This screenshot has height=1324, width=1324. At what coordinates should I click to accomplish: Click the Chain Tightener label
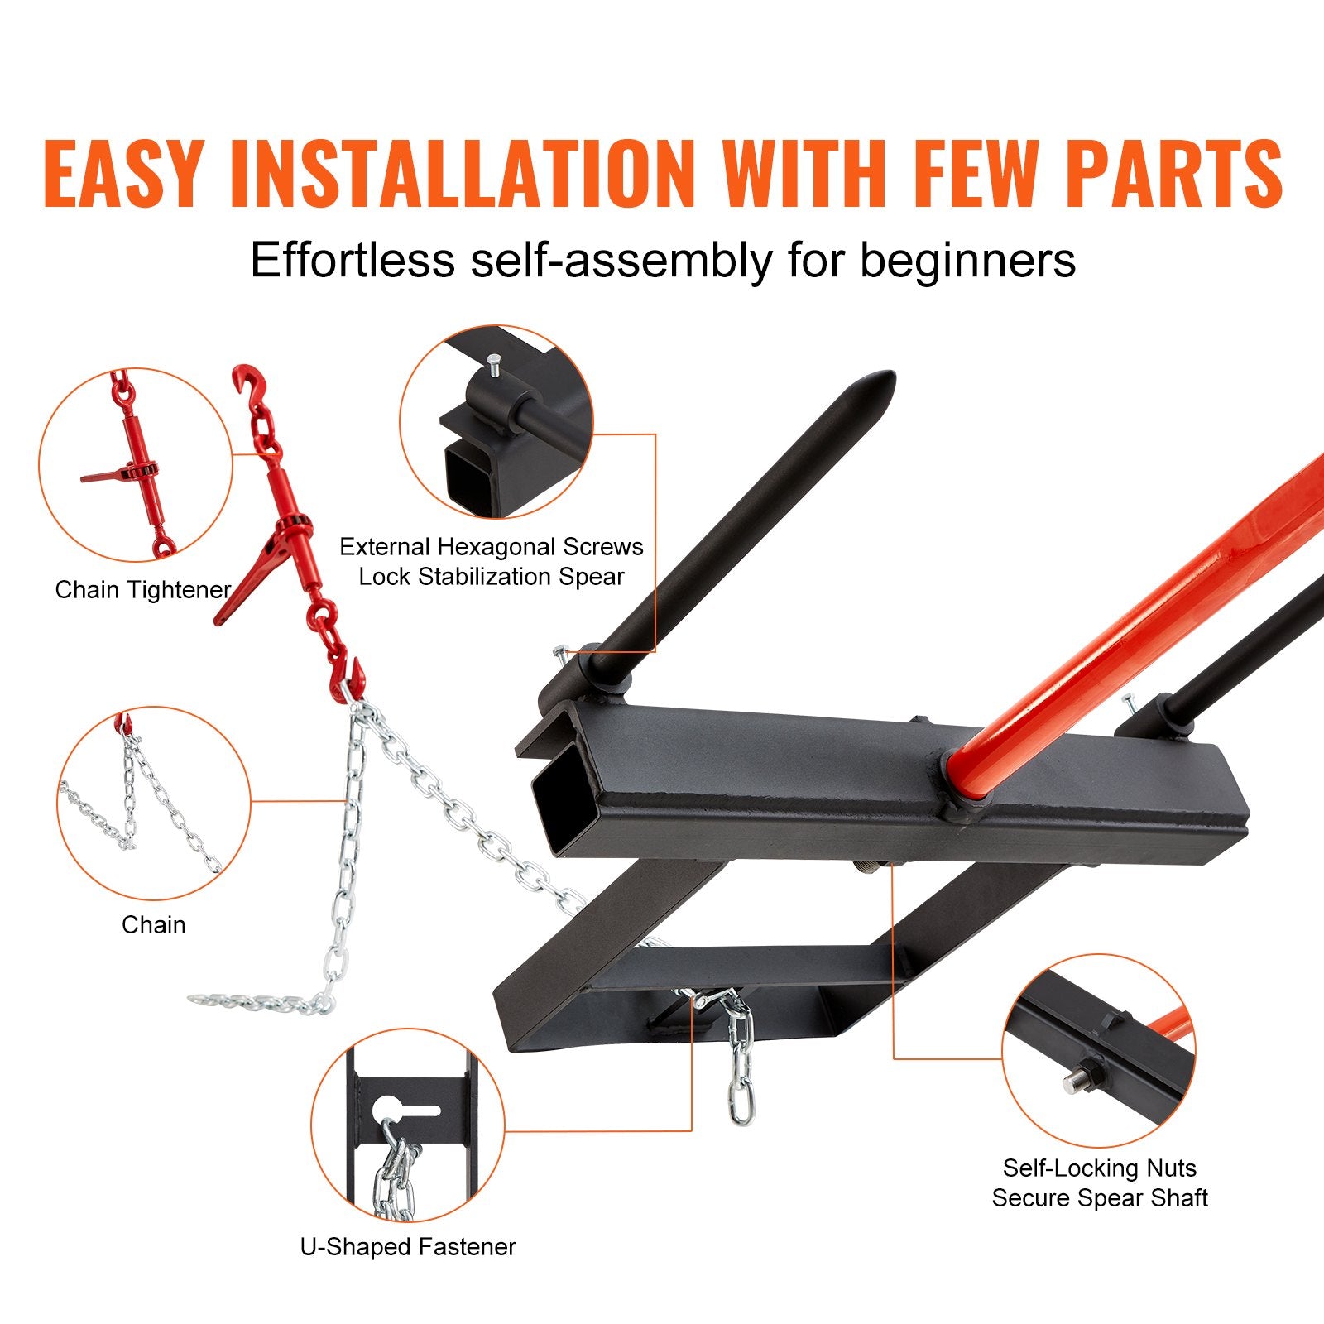[x=142, y=590]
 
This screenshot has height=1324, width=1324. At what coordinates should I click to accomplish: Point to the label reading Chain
[x=153, y=924]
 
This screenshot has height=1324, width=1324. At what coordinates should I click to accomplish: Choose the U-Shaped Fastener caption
[x=408, y=1247]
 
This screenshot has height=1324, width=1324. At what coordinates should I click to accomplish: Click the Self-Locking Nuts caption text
[x=1099, y=1168]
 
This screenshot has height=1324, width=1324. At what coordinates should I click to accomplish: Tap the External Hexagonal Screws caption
[x=491, y=547]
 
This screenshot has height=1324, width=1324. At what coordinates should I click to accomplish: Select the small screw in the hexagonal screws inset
[x=494, y=365]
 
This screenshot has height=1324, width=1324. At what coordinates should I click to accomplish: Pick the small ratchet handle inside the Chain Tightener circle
[x=103, y=477]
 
